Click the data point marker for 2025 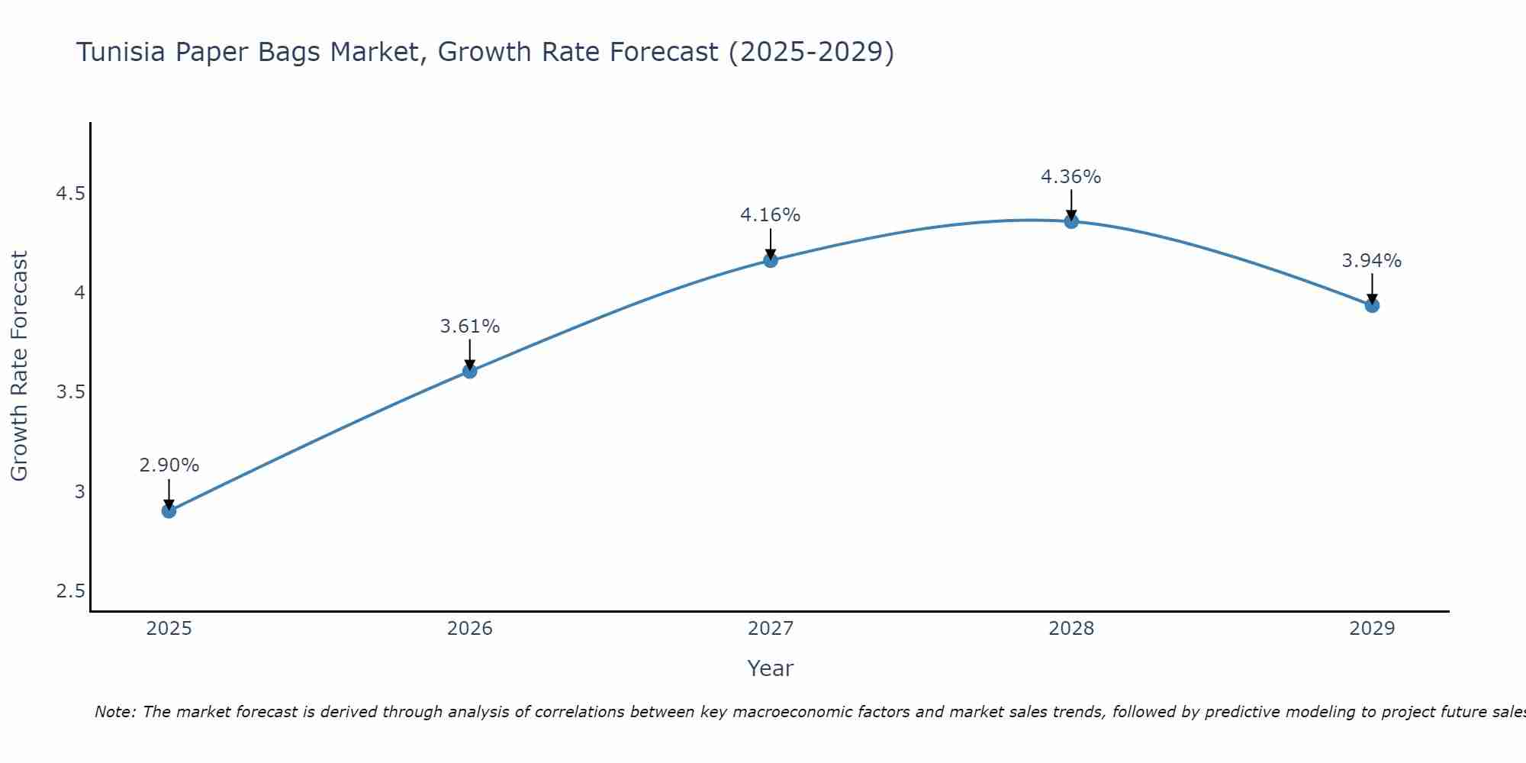click(169, 510)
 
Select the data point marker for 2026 click(470, 371)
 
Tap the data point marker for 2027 click(771, 260)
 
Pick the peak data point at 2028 click(1071, 221)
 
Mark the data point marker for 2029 click(1372, 305)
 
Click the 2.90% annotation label click(169, 465)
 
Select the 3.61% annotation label click(470, 327)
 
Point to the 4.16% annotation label click(771, 215)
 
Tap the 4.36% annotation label click(1071, 177)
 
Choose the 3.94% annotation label click(1372, 261)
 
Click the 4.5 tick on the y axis click(70, 194)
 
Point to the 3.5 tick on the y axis click(70, 392)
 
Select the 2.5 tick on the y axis click(70, 591)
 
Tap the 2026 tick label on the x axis click(470, 629)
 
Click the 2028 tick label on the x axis click(1071, 629)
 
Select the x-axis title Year click(771, 668)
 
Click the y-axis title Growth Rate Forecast click(19, 366)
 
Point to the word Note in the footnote click(114, 712)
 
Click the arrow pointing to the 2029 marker click(1372, 288)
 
